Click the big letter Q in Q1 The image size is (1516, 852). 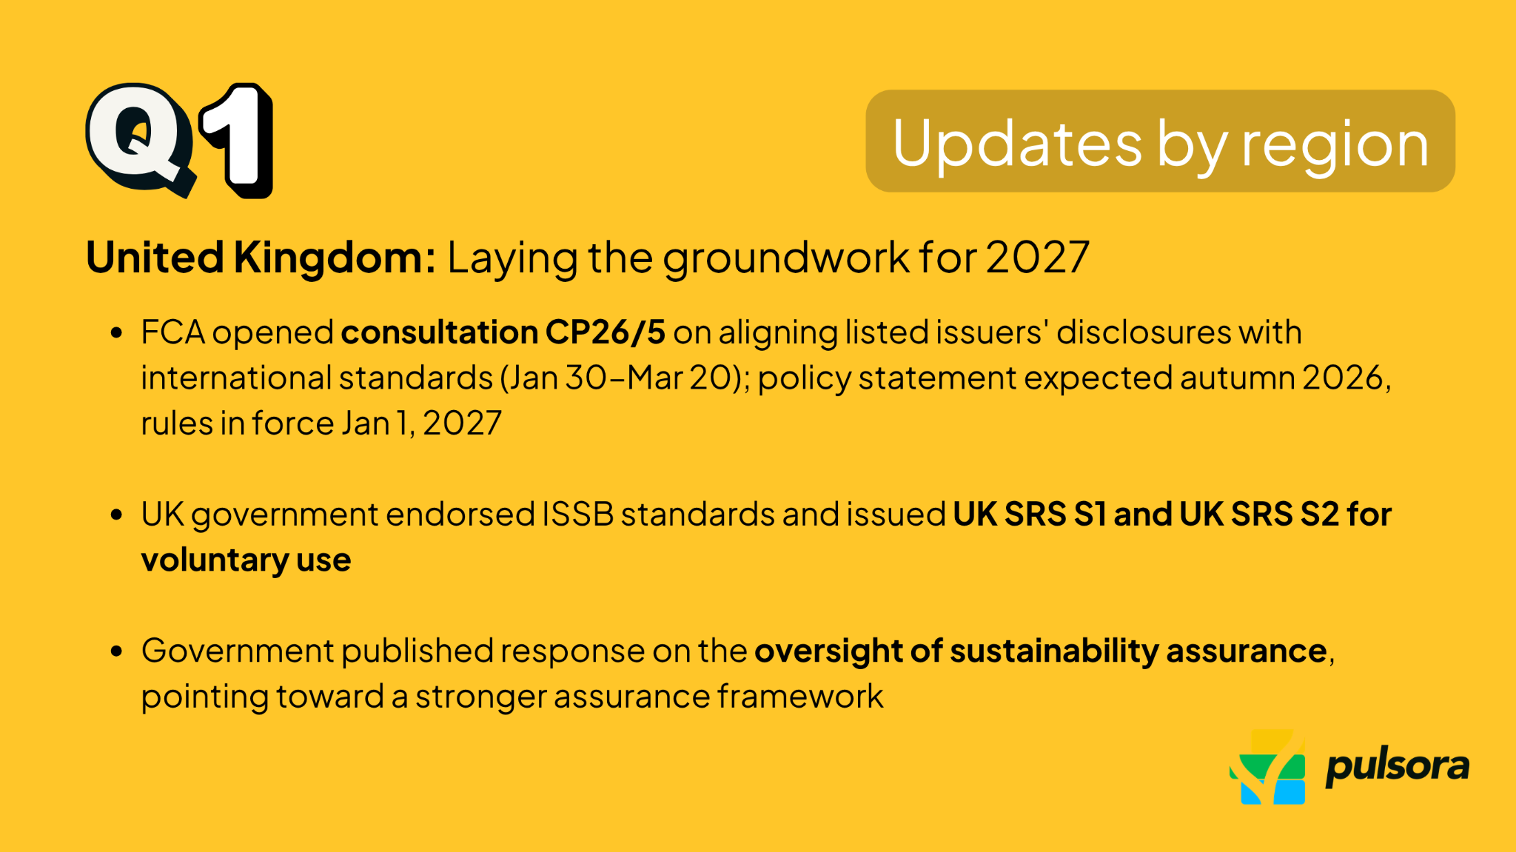(139, 138)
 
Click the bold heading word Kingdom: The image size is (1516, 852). (335, 258)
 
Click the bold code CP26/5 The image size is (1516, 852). (605, 332)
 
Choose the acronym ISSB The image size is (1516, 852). (577, 514)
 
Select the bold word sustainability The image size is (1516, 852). (1054, 651)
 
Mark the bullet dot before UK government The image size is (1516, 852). (116, 514)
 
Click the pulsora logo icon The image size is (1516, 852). (1268, 768)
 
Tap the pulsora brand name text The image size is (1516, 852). (1397, 768)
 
